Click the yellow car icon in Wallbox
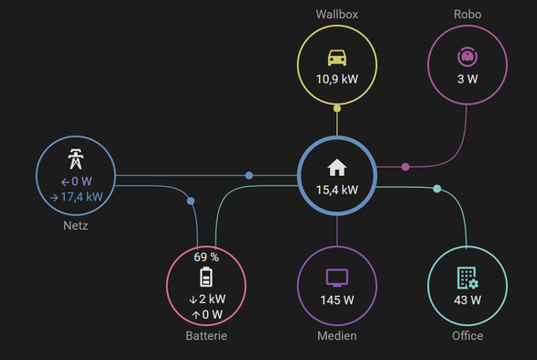(337, 58)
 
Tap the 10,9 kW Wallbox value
(337, 79)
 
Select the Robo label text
(467, 15)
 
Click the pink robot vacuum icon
(467, 57)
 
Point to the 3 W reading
(467, 79)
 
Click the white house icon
(337, 168)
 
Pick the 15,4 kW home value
(337, 190)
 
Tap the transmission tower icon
(76, 158)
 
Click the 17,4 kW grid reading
(82, 197)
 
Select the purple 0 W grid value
(82, 181)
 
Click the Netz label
(76, 226)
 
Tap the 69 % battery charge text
(206, 257)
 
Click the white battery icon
(206, 277)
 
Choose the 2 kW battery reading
(212, 299)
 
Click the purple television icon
(337, 278)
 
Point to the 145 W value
(337, 300)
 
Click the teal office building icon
(467, 278)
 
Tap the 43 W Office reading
(467, 300)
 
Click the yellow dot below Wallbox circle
(337, 108)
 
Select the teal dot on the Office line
(437, 189)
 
